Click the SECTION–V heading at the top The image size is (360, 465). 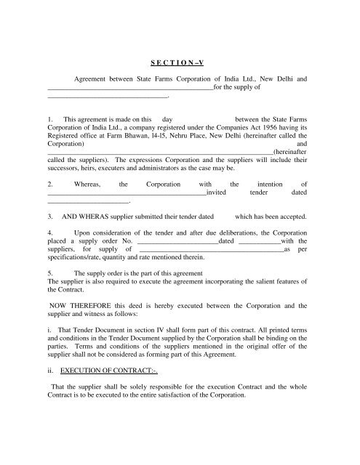click(180, 62)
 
